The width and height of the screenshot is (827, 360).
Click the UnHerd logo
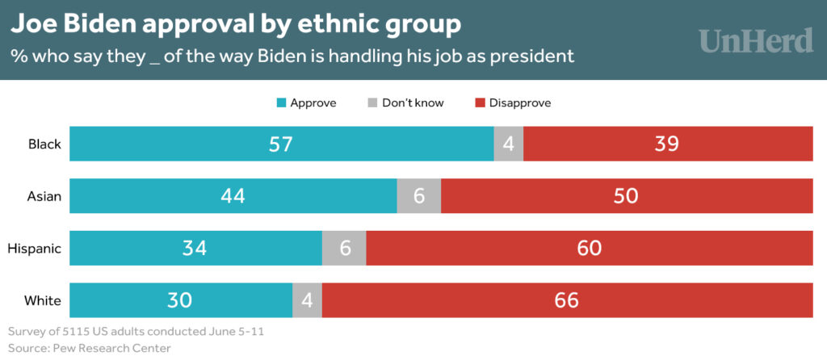point(755,40)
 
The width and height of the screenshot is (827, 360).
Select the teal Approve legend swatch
point(282,103)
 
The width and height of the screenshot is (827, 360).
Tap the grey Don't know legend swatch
point(372,103)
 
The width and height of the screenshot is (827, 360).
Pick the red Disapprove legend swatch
point(481,103)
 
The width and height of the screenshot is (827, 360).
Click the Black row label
point(45,144)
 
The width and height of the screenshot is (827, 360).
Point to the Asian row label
point(45,196)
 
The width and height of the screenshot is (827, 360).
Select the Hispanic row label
point(35,249)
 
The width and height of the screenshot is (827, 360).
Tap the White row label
point(44,300)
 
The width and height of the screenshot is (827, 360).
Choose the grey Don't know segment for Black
point(508,144)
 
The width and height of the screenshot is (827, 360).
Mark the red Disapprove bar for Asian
point(627,196)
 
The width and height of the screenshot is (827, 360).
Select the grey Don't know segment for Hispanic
point(345,249)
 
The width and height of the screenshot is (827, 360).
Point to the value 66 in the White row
point(567,300)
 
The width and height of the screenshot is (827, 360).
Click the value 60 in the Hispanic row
point(590,249)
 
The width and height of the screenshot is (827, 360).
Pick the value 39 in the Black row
point(667,144)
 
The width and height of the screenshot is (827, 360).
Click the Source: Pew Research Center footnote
point(90,348)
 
